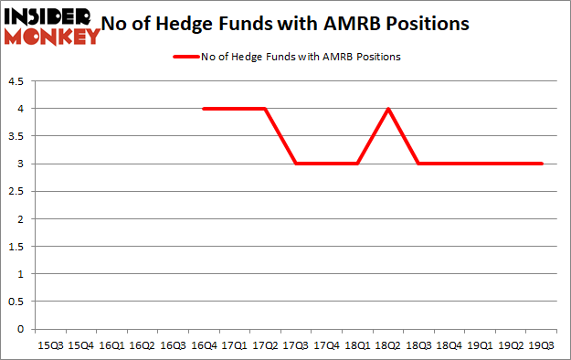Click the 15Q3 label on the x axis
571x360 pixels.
(x=49, y=346)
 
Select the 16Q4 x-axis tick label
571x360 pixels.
(x=203, y=346)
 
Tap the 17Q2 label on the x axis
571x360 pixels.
(x=265, y=346)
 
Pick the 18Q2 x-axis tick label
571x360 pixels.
(x=388, y=346)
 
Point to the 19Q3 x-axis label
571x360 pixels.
(x=543, y=346)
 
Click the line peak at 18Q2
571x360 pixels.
(x=388, y=109)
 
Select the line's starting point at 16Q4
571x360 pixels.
(x=203, y=109)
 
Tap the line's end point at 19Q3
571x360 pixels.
(x=543, y=164)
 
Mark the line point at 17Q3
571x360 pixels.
(x=296, y=164)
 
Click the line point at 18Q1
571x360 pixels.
(x=357, y=164)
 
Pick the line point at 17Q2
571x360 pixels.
(x=265, y=109)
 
